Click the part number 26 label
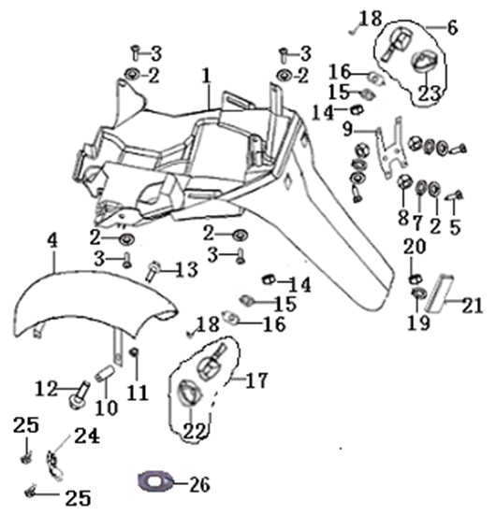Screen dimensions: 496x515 tap(199, 484)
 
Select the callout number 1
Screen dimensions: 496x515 tap(206, 76)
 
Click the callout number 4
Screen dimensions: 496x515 tap(52, 241)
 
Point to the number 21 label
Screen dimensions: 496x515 tap(473, 306)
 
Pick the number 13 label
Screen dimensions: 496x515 tap(186, 270)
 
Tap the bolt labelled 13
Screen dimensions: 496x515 tap(153, 271)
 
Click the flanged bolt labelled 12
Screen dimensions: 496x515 tap(80, 396)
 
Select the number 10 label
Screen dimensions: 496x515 tap(107, 408)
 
